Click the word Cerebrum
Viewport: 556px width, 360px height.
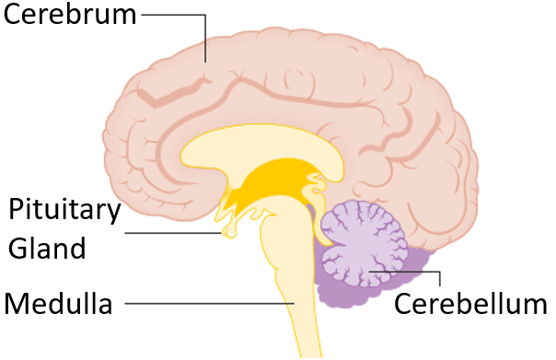point(70,16)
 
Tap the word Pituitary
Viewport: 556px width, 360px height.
point(64,211)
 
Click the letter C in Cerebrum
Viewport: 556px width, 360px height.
point(14,16)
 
